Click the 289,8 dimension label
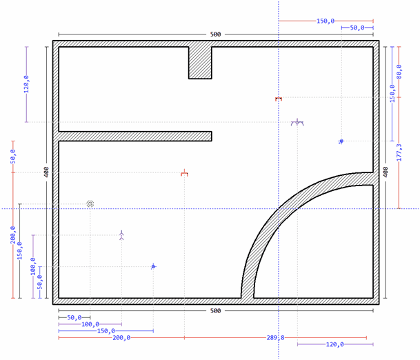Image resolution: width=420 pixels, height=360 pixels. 275,338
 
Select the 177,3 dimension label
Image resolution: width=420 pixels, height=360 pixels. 399,152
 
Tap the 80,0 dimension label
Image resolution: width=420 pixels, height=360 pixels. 399,72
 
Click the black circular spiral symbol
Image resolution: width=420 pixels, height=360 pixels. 90,204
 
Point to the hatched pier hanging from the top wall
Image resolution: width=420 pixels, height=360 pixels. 200,63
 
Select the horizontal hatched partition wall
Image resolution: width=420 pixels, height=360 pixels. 135,136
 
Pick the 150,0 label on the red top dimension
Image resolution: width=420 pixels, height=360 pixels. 326,21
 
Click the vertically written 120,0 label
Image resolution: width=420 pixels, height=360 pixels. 26,84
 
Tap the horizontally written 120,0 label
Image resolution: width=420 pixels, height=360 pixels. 334,344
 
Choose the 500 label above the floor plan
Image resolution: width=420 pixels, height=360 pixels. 215,34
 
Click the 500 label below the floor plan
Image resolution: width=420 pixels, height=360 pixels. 215,311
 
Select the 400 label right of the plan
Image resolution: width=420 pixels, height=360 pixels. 386,172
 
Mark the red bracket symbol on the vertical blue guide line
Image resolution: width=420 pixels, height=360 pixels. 279,99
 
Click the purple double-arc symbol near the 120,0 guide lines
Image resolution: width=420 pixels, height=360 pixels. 297,123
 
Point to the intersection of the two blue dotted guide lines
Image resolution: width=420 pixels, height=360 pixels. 279,208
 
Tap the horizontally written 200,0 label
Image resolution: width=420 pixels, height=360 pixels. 121,338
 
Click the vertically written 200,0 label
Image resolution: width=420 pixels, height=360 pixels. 13,235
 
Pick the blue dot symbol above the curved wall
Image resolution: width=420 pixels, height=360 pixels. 341,141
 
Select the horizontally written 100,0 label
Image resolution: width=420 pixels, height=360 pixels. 90,324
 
